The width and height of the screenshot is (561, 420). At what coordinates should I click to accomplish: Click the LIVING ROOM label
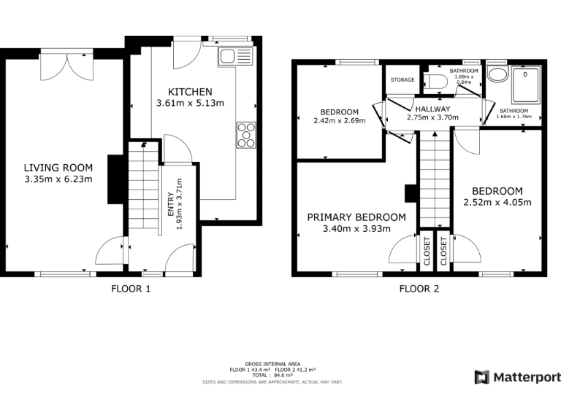point(58,168)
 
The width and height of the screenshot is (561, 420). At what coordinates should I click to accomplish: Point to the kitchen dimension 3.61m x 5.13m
point(190,104)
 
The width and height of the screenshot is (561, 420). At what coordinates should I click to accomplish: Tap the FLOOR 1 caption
point(131,289)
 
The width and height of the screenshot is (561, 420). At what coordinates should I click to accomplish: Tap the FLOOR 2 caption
point(419,289)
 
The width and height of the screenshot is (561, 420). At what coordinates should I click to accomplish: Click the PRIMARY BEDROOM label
point(356,217)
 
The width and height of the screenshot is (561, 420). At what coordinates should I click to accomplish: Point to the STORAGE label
point(402,79)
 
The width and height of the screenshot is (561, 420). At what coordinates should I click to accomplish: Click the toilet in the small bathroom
point(437,81)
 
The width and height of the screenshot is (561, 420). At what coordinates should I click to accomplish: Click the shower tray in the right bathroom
point(525,85)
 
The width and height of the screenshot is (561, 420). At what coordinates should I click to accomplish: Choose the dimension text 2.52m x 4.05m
point(497,202)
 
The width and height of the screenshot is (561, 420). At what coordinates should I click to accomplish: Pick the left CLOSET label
point(426,250)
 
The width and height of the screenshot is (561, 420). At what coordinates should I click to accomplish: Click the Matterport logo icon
point(482,377)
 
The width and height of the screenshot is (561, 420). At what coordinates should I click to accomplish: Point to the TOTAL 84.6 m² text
point(273,375)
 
